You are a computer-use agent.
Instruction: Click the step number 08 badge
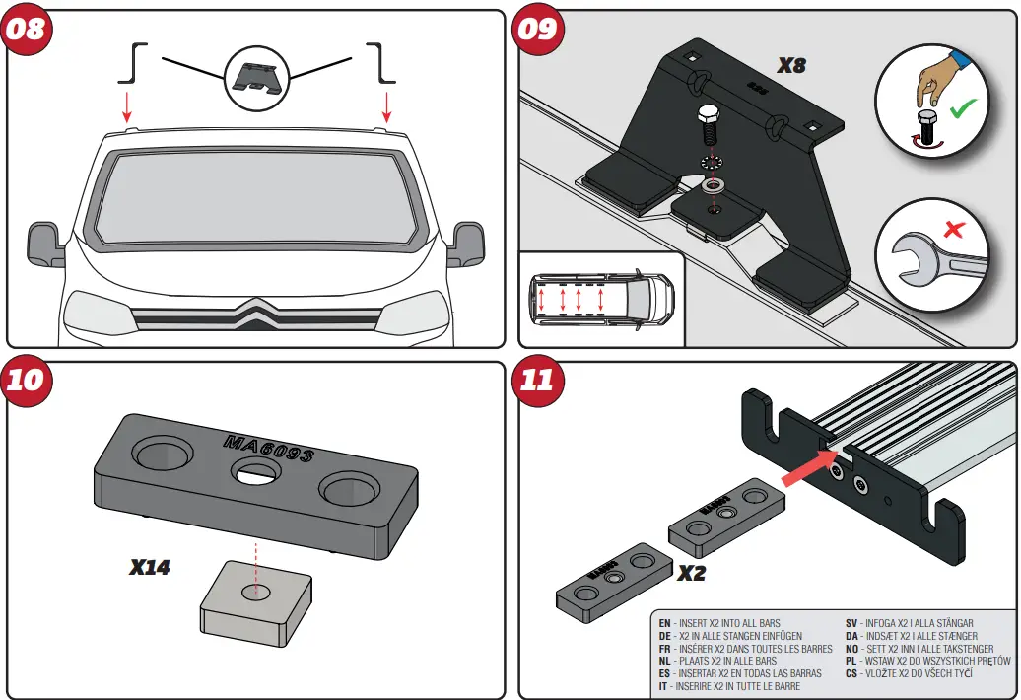(x=27, y=28)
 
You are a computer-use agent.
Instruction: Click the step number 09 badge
(x=538, y=28)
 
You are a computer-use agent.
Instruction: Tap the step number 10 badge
(x=27, y=381)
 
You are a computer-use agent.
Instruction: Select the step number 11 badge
(x=538, y=381)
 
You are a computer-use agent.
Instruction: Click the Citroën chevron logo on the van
(x=256, y=314)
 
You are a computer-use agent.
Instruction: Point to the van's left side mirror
(x=45, y=241)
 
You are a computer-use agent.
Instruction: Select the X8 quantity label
(x=791, y=66)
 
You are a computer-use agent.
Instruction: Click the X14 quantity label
(x=150, y=567)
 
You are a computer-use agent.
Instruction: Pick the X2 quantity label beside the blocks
(x=691, y=573)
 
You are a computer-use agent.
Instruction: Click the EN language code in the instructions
(x=664, y=623)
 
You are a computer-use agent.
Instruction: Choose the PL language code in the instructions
(x=851, y=661)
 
